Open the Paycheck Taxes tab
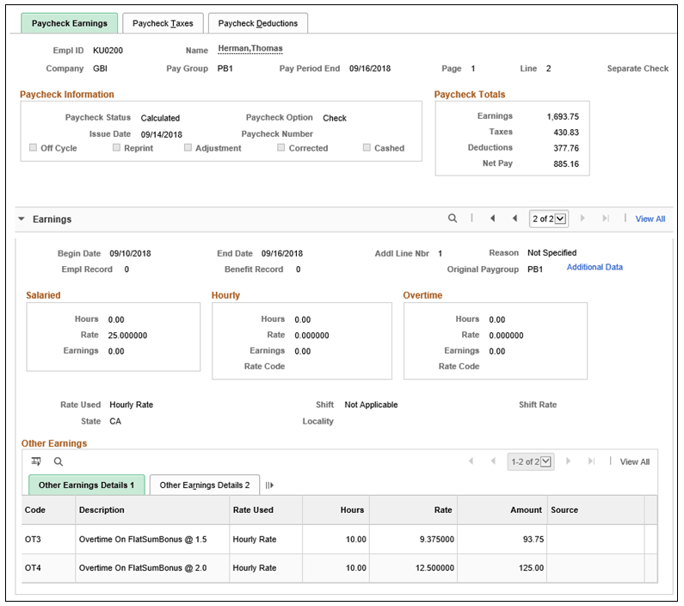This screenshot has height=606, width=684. tap(163, 23)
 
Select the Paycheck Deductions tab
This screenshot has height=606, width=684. tap(258, 23)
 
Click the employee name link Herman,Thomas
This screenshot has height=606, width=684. tap(250, 49)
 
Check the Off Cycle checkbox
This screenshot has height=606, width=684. tap(34, 148)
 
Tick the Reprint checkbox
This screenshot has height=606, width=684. tap(117, 148)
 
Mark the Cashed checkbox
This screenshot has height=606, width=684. tap(367, 148)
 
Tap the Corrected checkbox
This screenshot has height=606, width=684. tap(281, 148)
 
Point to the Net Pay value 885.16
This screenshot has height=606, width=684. tap(563, 164)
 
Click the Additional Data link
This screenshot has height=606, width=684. tap(595, 268)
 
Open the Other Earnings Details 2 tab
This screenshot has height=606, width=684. tap(205, 485)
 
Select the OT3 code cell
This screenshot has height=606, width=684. tap(35, 539)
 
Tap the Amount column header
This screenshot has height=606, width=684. tap(526, 510)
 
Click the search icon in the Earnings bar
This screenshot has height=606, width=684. tap(453, 219)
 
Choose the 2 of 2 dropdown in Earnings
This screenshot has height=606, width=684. tap(549, 219)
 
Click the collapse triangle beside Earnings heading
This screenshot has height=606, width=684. tap(22, 220)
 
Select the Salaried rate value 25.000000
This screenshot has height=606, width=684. tap(128, 336)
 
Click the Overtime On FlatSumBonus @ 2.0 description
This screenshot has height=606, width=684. tap(143, 568)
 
